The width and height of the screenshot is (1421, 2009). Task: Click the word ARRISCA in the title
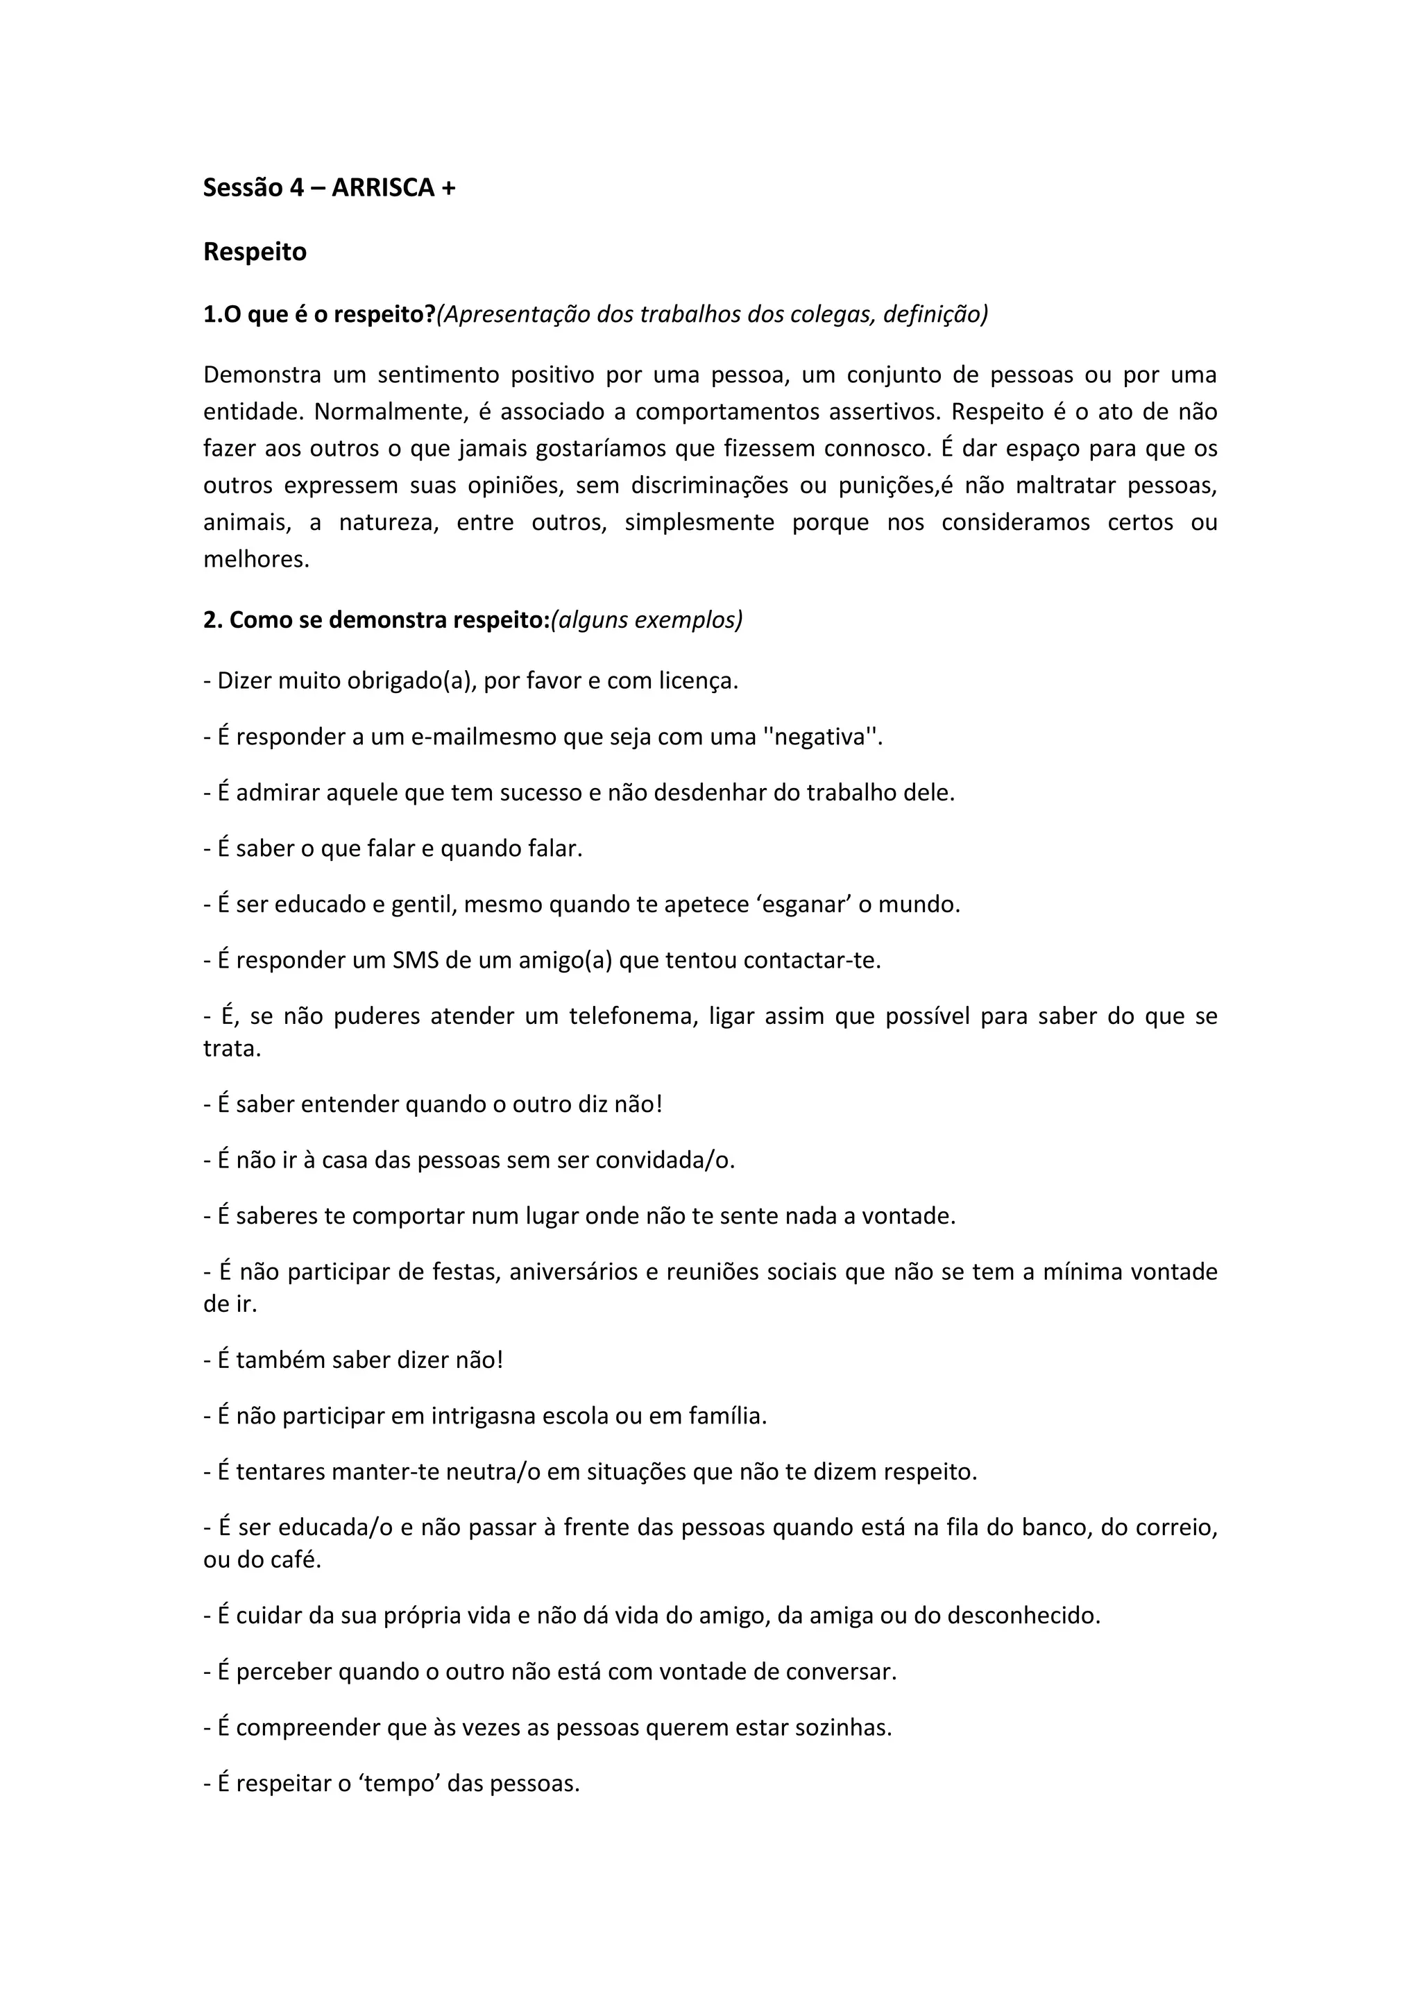coord(382,188)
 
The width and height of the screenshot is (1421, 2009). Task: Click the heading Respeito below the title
coord(255,252)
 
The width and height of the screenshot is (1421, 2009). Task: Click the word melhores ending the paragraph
coord(255,559)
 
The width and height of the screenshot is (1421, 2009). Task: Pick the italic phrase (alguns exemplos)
coord(647,619)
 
